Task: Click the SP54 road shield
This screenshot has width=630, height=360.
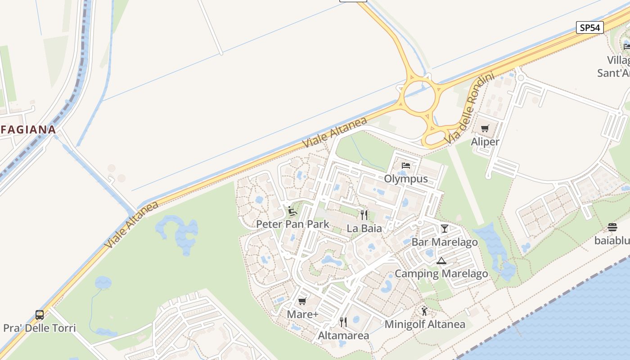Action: coord(589,27)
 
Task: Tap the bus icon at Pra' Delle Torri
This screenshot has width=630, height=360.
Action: coord(40,315)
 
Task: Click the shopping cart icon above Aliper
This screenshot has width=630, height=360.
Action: coord(485,129)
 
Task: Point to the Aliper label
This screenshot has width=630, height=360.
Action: coord(485,142)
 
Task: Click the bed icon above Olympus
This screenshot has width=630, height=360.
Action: coord(406,166)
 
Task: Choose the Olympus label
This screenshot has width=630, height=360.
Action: coord(406,179)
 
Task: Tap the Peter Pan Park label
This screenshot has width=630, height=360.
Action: coord(292,224)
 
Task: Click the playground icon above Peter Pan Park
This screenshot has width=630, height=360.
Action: coord(292,211)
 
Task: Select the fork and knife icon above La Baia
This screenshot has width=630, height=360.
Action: coord(364,215)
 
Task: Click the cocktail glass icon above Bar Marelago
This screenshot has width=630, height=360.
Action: coord(445,229)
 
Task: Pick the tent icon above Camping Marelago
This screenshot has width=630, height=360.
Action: coord(441,261)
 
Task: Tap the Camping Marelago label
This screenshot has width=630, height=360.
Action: coord(441,274)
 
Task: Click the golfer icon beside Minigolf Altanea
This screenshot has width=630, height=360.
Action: coord(424,310)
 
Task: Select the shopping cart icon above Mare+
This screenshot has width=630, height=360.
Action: coord(302,301)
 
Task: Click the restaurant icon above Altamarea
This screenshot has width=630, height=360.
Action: coord(343,322)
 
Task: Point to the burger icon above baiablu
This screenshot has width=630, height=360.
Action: coord(612,227)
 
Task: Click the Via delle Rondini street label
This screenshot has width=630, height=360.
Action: coord(470,109)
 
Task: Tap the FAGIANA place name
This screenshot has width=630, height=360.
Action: coord(28,130)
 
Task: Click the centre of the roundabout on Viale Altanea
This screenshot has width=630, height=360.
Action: coord(419,95)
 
